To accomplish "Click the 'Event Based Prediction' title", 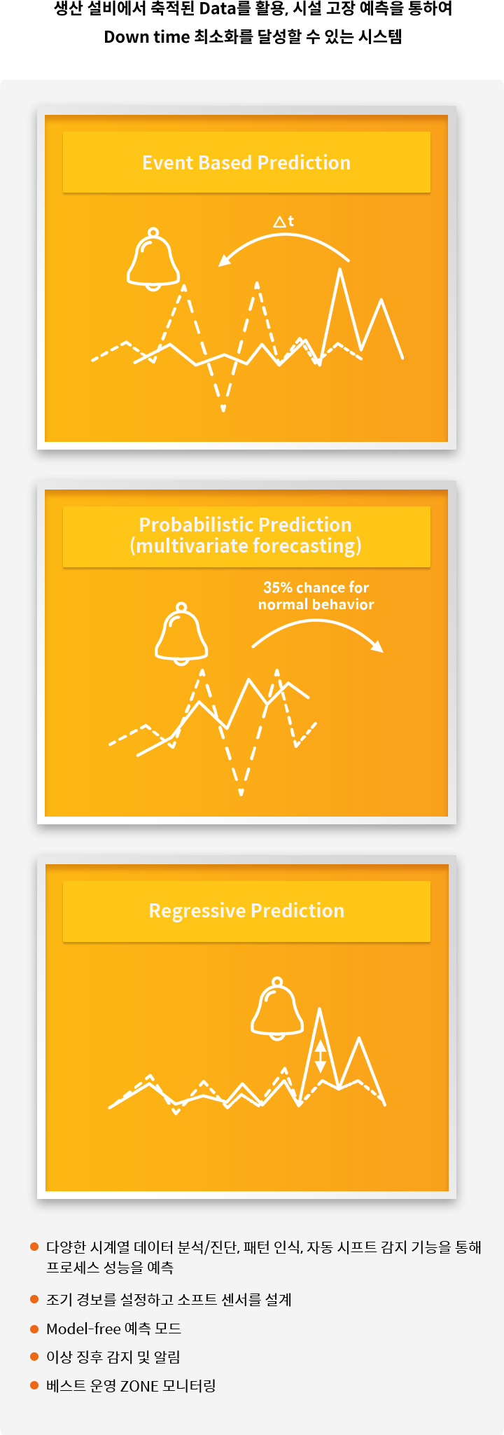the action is point(246,162).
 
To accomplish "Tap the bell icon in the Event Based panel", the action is point(153,258).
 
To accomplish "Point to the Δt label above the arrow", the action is point(283,221).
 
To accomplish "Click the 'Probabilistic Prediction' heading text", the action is point(246,525).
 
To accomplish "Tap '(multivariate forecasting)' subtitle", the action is point(246,546).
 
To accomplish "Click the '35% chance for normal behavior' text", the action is point(316,596).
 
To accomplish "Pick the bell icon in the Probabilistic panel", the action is point(181,633).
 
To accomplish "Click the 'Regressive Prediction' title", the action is point(246,910).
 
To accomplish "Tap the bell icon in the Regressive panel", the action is point(277,1008).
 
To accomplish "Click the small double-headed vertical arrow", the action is point(320,1056).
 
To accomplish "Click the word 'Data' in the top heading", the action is point(217,9).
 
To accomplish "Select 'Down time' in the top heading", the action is point(147,37).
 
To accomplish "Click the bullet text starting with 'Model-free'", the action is point(113,1329).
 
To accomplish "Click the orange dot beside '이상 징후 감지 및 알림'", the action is point(34,1357).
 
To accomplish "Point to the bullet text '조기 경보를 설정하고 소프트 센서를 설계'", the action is point(169,1300).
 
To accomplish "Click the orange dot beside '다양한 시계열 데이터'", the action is point(34,1247).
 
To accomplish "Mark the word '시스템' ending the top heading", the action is point(380,37).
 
